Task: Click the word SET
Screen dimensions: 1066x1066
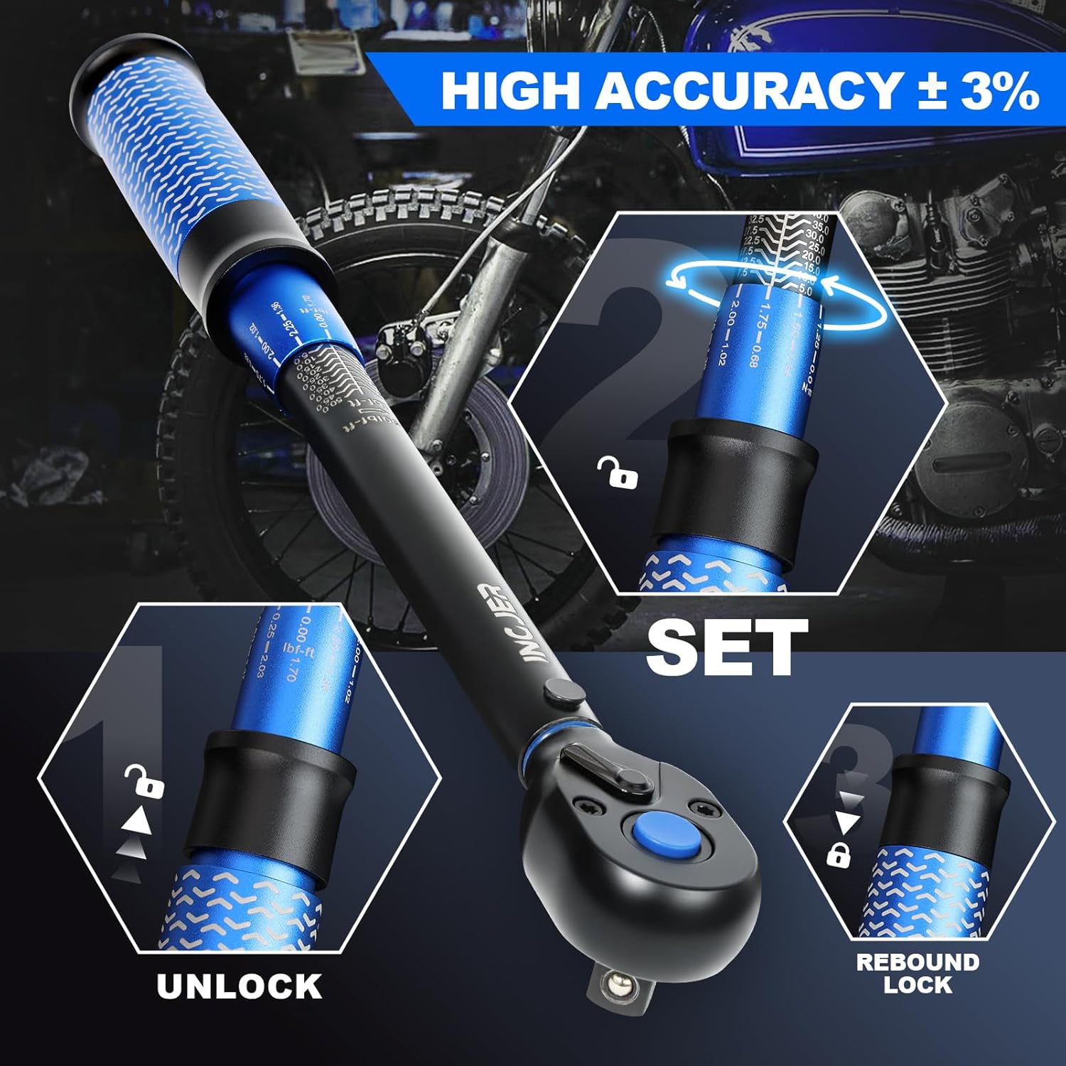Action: pos(727,647)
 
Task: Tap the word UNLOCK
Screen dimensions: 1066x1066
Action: pos(239,986)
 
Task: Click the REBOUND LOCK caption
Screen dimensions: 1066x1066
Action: pos(917,973)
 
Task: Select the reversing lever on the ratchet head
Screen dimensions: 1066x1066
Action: pos(607,770)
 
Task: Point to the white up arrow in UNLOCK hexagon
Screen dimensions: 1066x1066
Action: pos(137,822)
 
